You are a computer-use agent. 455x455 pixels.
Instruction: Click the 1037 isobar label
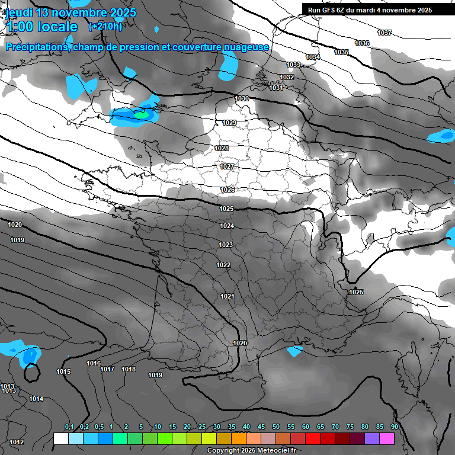click(384, 33)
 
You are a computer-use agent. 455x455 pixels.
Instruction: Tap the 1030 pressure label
click(242, 98)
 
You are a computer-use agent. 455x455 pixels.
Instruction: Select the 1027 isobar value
click(227, 167)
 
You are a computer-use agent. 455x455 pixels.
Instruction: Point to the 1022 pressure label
click(223, 265)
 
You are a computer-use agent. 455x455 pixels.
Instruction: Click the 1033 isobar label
click(293, 65)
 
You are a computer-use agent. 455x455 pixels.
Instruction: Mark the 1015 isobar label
click(63, 372)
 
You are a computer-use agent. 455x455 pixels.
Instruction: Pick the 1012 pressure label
click(17, 442)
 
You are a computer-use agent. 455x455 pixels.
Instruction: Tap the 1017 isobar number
click(107, 370)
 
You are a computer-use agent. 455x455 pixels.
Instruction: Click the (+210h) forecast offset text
click(105, 26)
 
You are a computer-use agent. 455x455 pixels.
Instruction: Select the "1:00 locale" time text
click(41, 27)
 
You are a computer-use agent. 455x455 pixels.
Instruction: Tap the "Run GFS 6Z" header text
click(329, 10)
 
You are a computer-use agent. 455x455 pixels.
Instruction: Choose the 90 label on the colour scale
click(394, 427)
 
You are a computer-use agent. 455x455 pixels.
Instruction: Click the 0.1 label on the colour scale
click(69, 427)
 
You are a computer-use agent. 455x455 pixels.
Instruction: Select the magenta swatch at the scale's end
click(387, 438)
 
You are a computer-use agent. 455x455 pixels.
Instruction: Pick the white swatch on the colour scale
click(60, 438)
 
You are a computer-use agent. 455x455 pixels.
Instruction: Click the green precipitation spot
click(142, 114)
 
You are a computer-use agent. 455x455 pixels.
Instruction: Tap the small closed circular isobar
click(32, 373)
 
